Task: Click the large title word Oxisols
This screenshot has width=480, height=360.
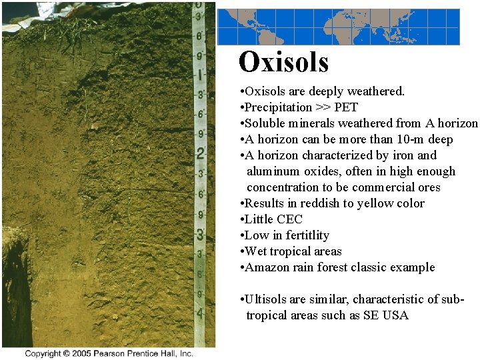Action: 283,62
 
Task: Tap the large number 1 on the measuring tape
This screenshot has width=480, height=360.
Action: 200,74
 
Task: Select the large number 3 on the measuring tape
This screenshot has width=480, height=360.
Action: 199,235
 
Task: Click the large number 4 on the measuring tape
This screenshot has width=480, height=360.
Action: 199,311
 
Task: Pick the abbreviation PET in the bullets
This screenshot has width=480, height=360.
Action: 346,107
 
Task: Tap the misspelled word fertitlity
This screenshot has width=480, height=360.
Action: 307,235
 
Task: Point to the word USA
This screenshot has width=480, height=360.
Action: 394,315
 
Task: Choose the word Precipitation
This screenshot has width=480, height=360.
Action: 278,107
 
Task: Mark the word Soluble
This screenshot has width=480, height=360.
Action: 265,123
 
